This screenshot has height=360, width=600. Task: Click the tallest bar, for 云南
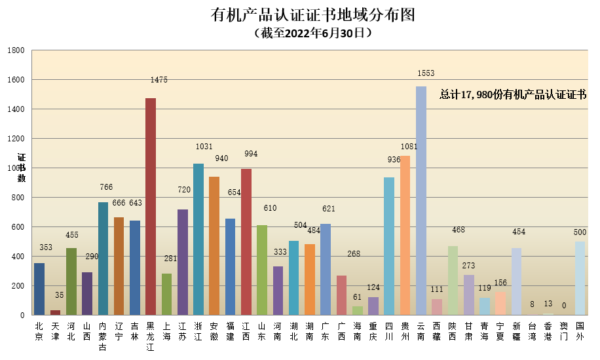pyautogui.click(x=421, y=200)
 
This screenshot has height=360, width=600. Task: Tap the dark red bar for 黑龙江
pyautogui.click(x=151, y=206)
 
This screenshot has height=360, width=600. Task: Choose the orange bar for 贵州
pyautogui.click(x=405, y=235)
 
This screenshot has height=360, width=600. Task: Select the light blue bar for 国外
pyautogui.click(x=580, y=278)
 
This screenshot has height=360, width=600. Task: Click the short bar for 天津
pyautogui.click(x=55, y=312)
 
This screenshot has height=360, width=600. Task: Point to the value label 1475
pyautogui.click(x=159, y=80)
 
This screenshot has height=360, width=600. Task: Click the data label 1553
pyautogui.click(x=426, y=73)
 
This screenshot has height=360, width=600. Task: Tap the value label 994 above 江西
pyautogui.click(x=250, y=154)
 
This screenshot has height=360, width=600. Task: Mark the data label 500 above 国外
pyautogui.click(x=580, y=232)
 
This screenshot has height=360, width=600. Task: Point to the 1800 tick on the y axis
pyautogui.click(x=16, y=50)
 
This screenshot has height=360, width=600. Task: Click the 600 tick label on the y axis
pyautogui.click(x=18, y=227)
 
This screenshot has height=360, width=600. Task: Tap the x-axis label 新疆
pyautogui.click(x=517, y=331)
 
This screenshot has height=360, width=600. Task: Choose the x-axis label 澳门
pyautogui.click(x=564, y=331)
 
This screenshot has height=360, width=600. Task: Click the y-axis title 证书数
pyautogui.click(x=21, y=168)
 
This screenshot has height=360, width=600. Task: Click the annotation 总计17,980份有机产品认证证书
pyautogui.click(x=512, y=95)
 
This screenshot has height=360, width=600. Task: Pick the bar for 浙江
pyautogui.click(x=198, y=239)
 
